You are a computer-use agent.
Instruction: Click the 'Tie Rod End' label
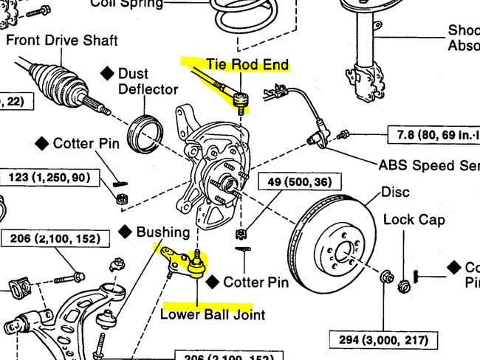[x=247, y=65]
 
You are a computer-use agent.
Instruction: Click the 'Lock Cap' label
[x=414, y=219]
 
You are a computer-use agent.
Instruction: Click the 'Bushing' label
[x=163, y=232]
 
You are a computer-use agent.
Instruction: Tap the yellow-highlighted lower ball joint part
[x=196, y=263]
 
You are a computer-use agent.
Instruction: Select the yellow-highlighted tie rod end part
[x=238, y=97]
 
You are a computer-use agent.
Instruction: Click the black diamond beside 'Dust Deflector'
[x=107, y=73]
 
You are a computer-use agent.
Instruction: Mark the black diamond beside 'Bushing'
[x=126, y=232]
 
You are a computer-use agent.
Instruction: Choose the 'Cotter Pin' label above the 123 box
[x=85, y=143]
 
